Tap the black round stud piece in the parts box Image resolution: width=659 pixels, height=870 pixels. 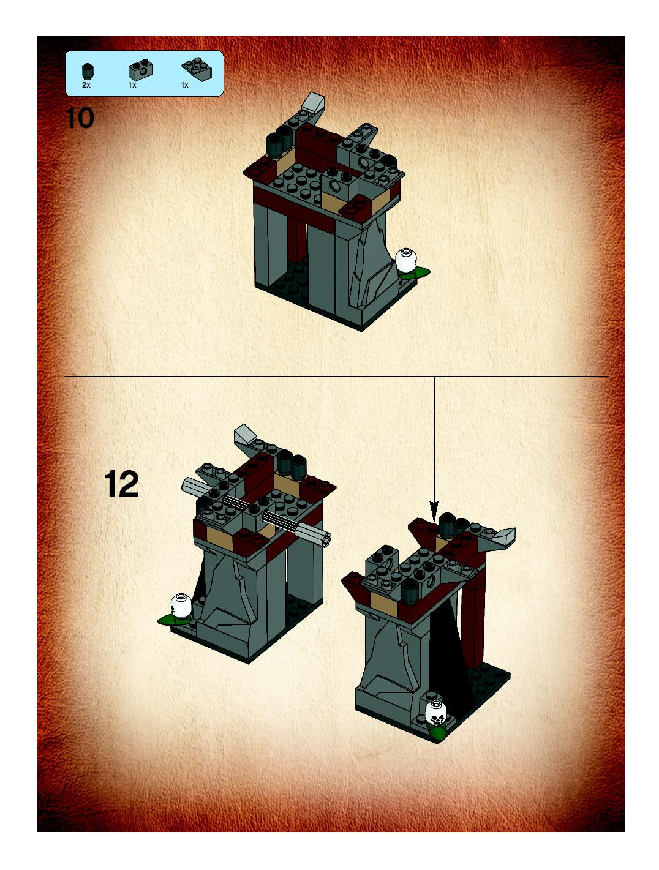pos(87,72)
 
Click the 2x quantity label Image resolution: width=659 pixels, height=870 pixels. pos(86,85)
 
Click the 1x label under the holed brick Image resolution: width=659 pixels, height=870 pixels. pos(132,85)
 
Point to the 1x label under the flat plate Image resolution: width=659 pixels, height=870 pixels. pos(185,85)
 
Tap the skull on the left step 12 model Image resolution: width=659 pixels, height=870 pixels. pos(181,605)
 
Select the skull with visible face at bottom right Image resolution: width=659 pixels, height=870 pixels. pos(436,712)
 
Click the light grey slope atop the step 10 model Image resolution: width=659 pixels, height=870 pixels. pos(314,103)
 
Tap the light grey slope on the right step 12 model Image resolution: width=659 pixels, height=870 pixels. pos(505,536)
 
